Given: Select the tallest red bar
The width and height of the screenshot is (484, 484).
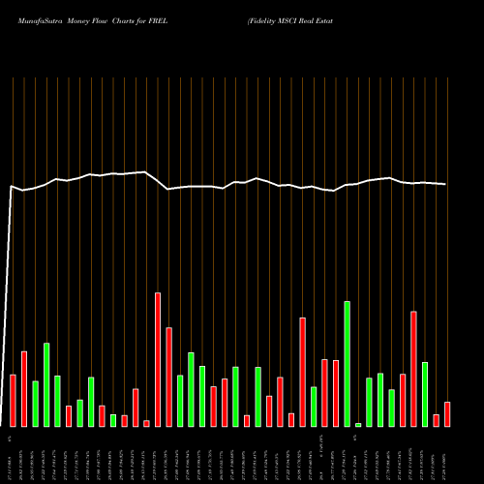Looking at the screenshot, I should click(158, 359).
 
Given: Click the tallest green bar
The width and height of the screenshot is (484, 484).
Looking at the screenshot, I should click(347, 364).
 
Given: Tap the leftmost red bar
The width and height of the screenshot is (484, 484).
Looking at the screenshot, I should click(14, 400).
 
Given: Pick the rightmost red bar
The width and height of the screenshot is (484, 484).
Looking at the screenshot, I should click(447, 413).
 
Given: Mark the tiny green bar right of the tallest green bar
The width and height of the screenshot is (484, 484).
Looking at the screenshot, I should click(358, 424).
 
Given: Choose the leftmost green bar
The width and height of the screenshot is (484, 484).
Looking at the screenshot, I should click(36, 404).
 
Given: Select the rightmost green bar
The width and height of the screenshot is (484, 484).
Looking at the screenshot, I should click(425, 394).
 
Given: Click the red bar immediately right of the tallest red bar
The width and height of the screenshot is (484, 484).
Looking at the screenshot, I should click(168, 377).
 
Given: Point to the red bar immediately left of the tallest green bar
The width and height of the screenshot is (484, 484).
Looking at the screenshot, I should click(336, 393).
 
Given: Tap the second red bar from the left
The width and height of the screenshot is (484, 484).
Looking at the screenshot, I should click(24, 388).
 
